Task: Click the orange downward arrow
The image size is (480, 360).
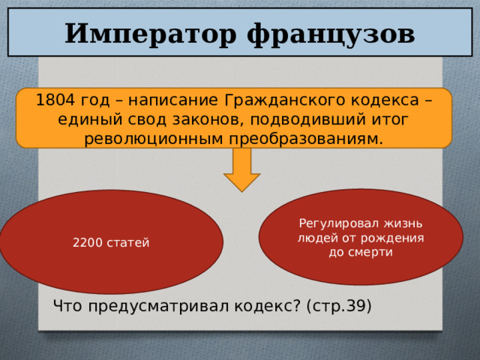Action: (241, 170)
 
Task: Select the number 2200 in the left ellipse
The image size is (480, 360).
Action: (88, 243)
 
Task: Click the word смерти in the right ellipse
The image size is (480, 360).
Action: (375, 252)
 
